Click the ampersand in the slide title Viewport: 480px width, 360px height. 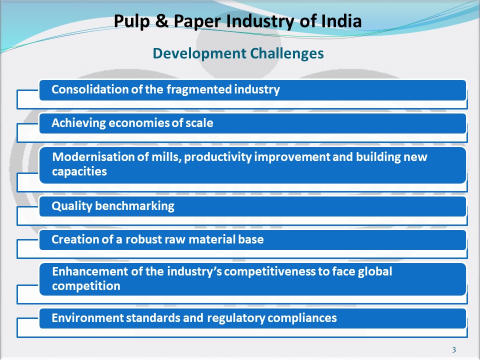(162, 21)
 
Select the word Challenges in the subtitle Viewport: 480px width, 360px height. (287, 53)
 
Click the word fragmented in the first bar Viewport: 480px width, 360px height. (199, 89)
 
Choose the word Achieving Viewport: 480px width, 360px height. (78, 123)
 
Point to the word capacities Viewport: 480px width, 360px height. (79, 171)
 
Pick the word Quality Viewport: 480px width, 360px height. (72, 206)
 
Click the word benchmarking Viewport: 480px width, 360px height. (134, 206)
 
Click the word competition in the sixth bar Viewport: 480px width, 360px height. (86, 286)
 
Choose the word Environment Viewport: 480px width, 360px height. (87, 318)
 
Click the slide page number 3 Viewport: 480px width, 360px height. (454, 349)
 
